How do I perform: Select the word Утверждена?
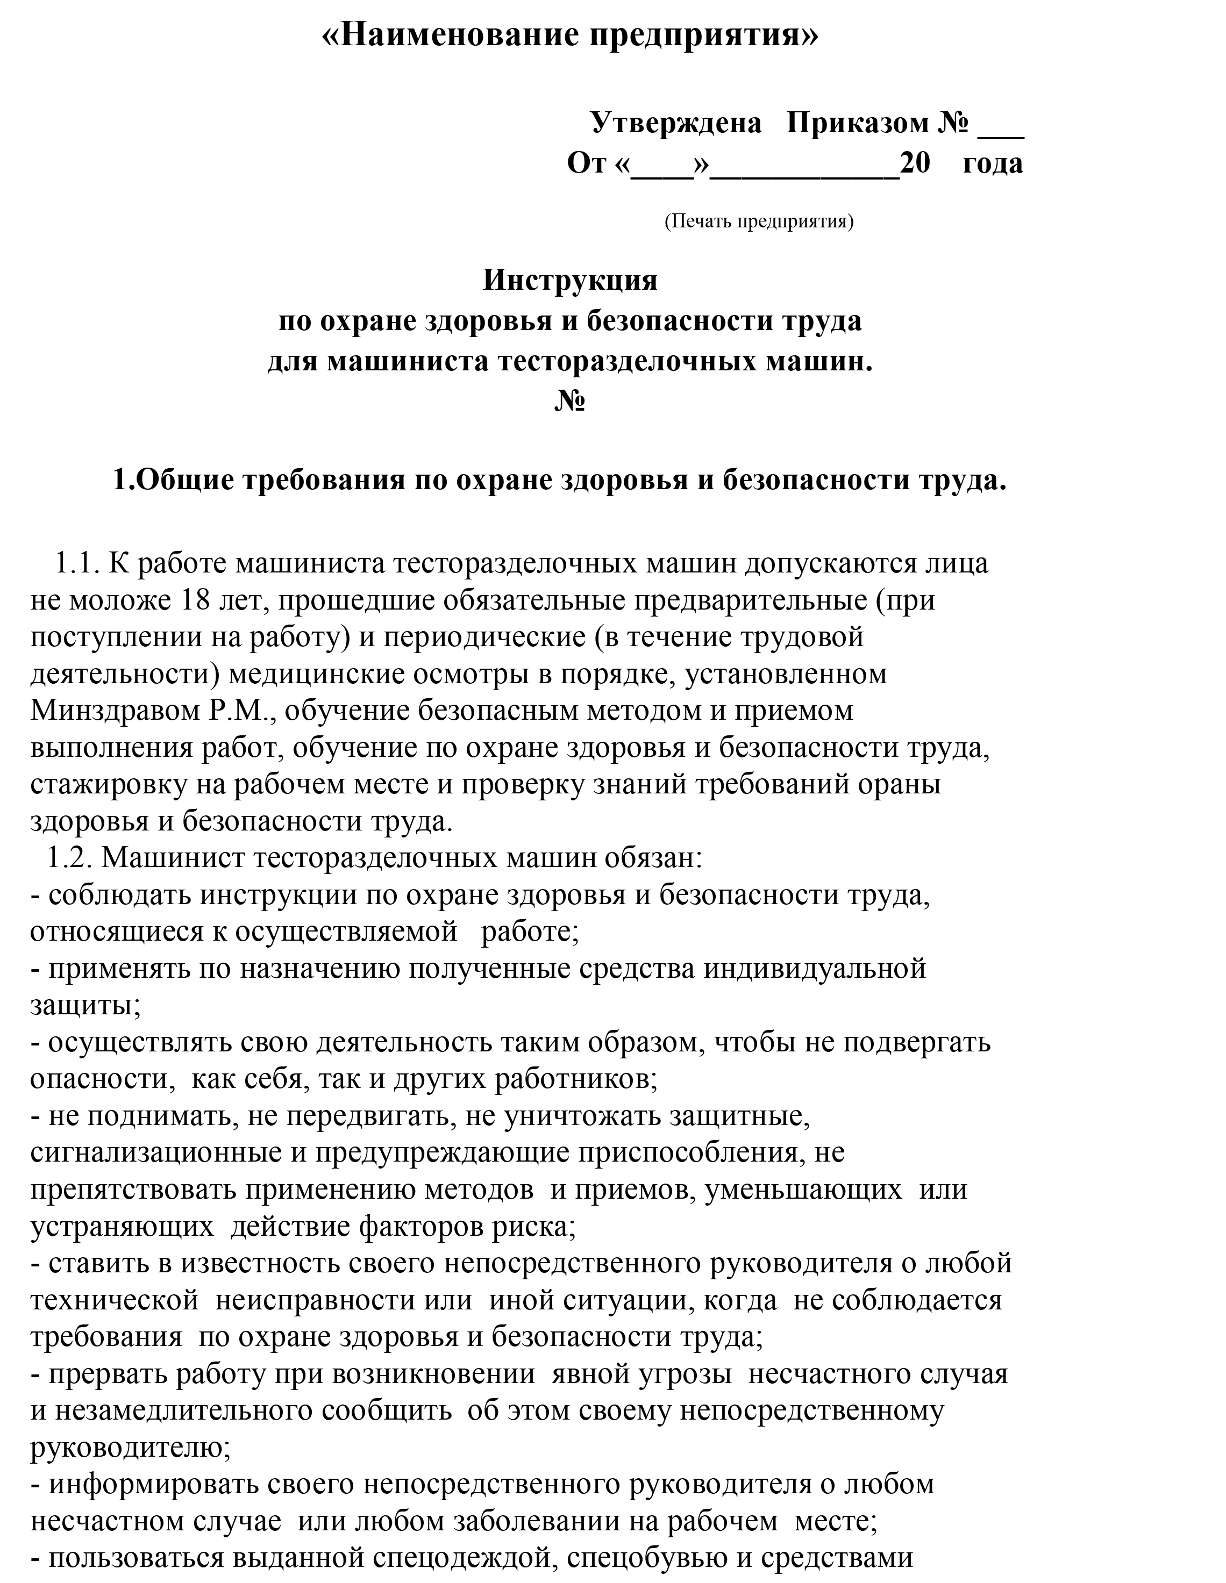tap(676, 123)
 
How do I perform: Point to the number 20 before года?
tap(915, 163)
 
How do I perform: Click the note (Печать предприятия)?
tap(758, 221)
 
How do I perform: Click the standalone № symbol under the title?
tap(570, 401)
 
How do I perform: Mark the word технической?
tap(115, 1301)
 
